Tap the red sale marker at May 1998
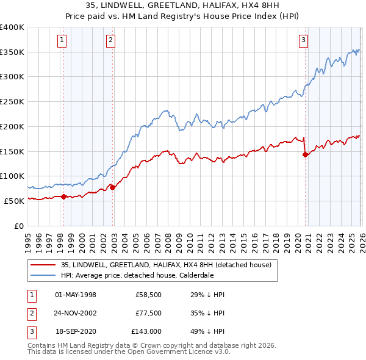click(63, 196)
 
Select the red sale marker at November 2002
click(113, 187)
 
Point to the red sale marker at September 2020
click(305, 154)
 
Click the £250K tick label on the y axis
click(12, 101)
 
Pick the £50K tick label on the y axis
click(14, 201)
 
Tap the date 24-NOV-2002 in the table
click(76, 313)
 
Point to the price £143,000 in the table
click(146, 331)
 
